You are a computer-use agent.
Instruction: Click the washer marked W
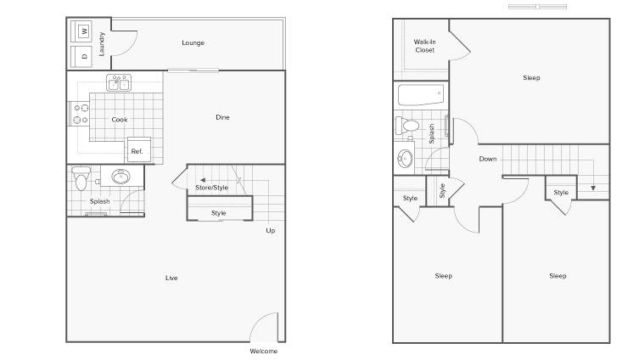[81, 31]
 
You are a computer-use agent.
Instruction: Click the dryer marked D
[81, 57]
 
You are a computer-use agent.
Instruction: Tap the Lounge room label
[193, 42]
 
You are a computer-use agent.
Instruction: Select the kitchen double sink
[119, 82]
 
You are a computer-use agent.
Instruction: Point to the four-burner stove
[79, 114]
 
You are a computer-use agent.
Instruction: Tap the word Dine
[222, 117]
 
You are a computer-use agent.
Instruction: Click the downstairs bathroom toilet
[81, 177]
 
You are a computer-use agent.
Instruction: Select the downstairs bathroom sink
[121, 177]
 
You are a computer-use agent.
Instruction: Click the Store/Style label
[211, 188]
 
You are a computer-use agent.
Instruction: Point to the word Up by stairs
[271, 231]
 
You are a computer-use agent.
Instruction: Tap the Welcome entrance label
[264, 351]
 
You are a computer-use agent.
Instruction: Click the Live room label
[171, 278]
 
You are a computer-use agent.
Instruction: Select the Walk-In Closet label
[424, 46]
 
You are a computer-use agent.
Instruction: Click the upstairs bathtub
[421, 95]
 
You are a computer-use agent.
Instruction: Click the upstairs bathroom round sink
[405, 159]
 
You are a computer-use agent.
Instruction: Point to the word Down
[488, 159]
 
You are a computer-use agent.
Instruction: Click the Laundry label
[102, 44]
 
